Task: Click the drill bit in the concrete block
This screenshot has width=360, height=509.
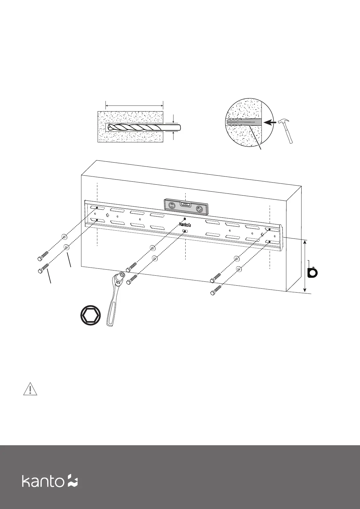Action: click(x=142, y=128)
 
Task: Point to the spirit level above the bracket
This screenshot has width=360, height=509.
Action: click(x=186, y=207)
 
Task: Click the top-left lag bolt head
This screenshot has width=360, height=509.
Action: click(x=40, y=259)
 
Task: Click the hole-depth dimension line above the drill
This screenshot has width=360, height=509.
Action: click(x=134, y=105)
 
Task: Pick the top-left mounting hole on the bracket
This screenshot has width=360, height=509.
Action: click(x=97, y=207)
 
